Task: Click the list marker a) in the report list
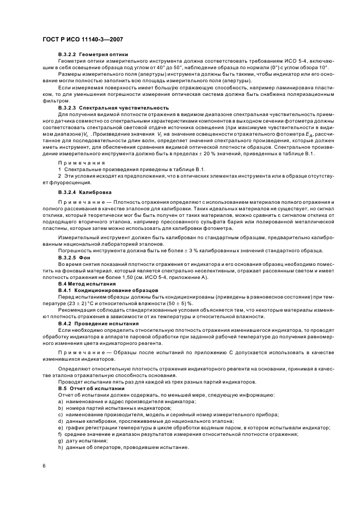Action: click(60, 402)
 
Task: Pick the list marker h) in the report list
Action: click(60, 447)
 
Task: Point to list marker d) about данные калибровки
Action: click(60, 421)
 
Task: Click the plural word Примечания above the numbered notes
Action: click(77, 162)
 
